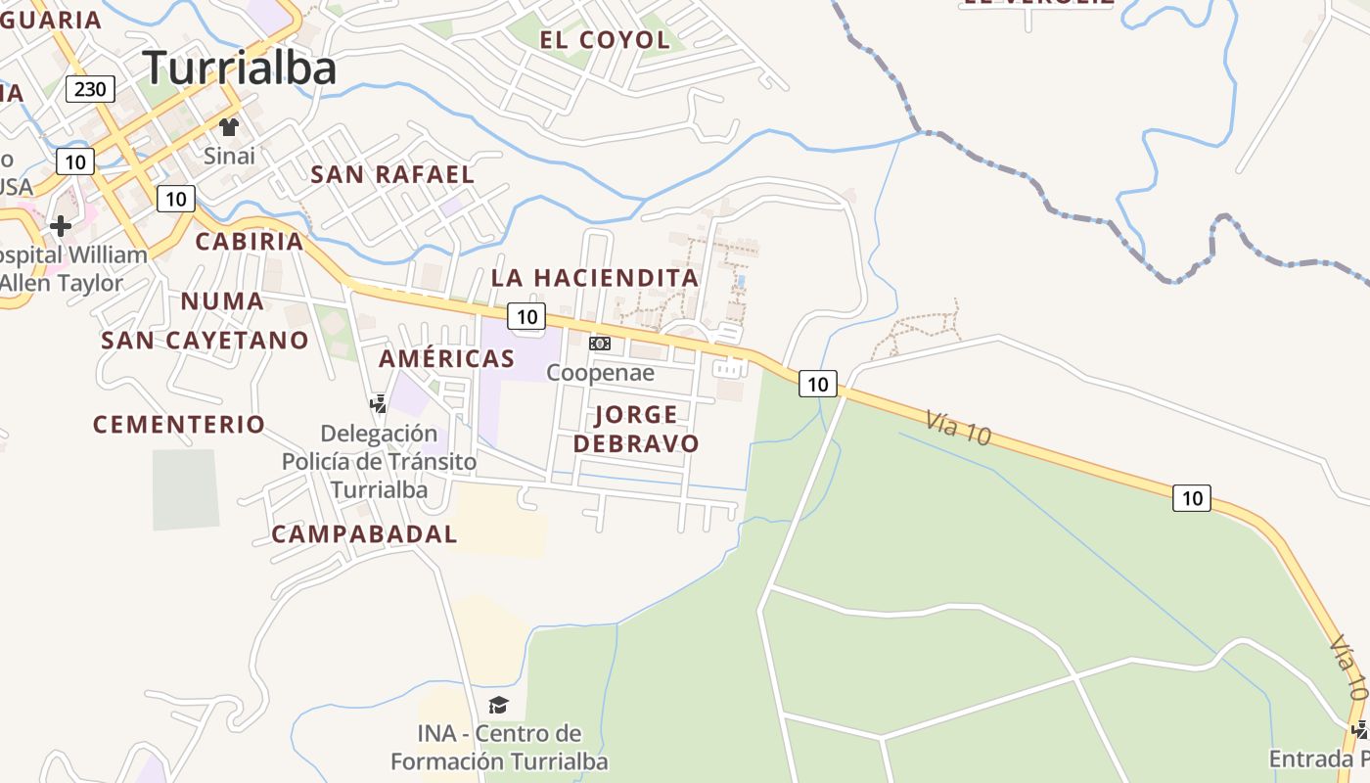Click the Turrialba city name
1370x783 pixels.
coord(240,68)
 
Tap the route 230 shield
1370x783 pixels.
coord(90,90)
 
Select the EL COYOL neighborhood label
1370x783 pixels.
coord(605,40)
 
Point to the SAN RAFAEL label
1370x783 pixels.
coord(392,175)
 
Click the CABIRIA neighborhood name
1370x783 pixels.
coord(249,242)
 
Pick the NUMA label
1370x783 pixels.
coord(222,301)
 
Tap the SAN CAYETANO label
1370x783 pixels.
coord(205,341)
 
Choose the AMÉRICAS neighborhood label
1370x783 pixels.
coord(446,359)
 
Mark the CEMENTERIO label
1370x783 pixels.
coord(179,425)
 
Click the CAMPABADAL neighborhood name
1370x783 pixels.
coord(364,534)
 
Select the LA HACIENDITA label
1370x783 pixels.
coord(595,278)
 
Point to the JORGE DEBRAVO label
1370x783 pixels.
coord(636,429)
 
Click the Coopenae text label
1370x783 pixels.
coord(600,373)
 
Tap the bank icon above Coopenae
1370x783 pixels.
coord(600,344)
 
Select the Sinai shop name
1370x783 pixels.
coord(229,156)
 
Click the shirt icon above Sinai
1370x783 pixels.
coord(229,126)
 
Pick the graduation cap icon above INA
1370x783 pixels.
coord(499,705)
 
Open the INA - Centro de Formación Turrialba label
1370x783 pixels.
coord(499,747)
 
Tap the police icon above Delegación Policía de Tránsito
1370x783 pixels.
coord(378,403)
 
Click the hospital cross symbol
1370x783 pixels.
coord(61,226)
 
